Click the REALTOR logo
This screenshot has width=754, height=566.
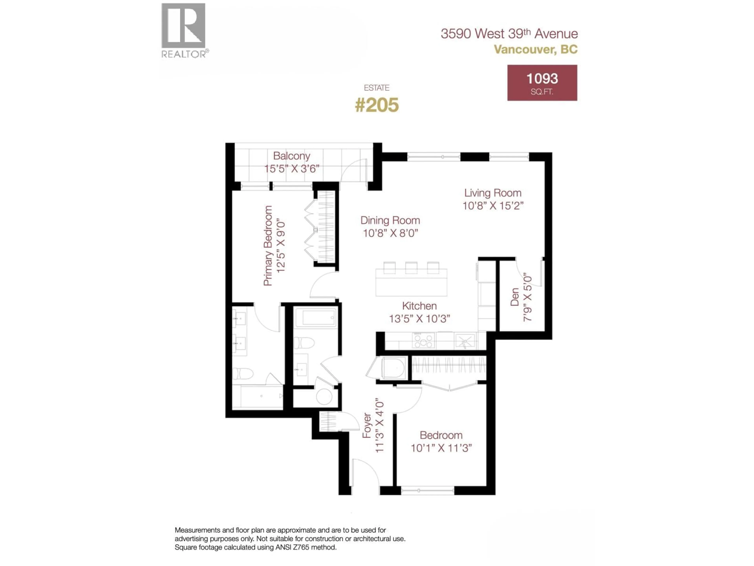pos(183,30)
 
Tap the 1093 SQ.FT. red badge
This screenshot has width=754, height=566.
pos(542,83)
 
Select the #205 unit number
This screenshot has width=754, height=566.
pos(377,105)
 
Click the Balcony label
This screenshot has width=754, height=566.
pos(291,156)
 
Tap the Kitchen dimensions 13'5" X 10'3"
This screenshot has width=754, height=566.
pos(419,319)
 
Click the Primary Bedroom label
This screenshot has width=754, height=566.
pos(268,246)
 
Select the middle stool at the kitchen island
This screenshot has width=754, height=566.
pos(411,267)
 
